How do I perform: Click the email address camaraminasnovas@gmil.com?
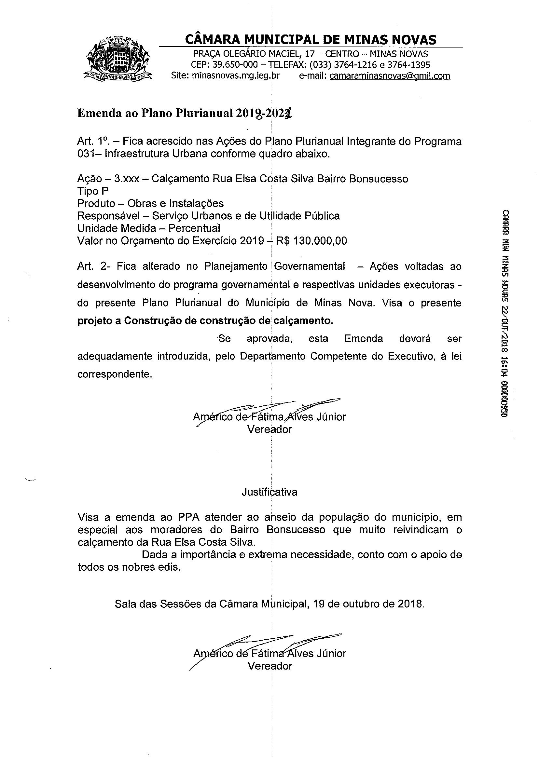pos(390,76)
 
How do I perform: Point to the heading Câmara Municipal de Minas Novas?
pos(310,40)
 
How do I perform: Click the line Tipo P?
pos(93,191)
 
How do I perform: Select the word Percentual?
pos(194,228)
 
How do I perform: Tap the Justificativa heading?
pos(269,492)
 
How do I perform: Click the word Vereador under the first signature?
pos(269,429)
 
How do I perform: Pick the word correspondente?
pos(115,374)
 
